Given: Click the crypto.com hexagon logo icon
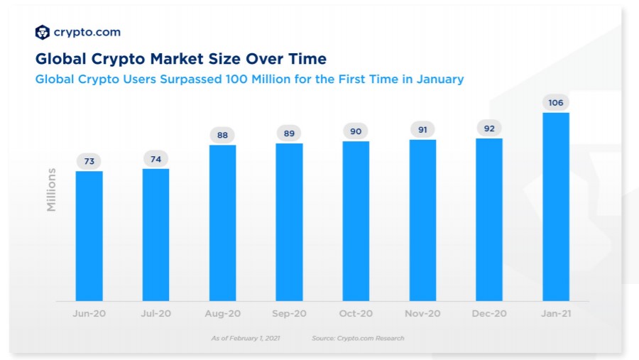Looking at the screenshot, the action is [x=43, y=32].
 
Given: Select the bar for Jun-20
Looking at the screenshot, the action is [x=89, y=236].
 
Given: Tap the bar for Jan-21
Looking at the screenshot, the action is [x=556, y=207].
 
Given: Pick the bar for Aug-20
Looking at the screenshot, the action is [x=222, y=223].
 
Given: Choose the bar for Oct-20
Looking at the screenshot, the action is [x=356, y=222].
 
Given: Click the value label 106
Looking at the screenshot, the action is [x=556, y=103].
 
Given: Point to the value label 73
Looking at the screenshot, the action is [x=89, y=161].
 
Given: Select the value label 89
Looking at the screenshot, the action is [x=289, y=133].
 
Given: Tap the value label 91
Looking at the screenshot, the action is [x=422, y=130].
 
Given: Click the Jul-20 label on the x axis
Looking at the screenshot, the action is [x=155, y=314].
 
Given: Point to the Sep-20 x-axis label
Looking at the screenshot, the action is [x=289, y=314].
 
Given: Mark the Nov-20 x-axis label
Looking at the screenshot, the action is [x=422, y=314].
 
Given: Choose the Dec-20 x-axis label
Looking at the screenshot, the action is [x=489, y=314].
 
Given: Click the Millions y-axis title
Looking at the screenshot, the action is [x=51, y=190].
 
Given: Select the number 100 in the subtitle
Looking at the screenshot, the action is [x=236, y=79].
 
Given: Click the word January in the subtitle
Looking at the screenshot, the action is [x=440, y=79].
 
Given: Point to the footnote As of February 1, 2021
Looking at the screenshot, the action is [x=246, y=338].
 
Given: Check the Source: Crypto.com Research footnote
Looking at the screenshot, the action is [x=358, y=338].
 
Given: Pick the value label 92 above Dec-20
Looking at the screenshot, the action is [x=489, y=129].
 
